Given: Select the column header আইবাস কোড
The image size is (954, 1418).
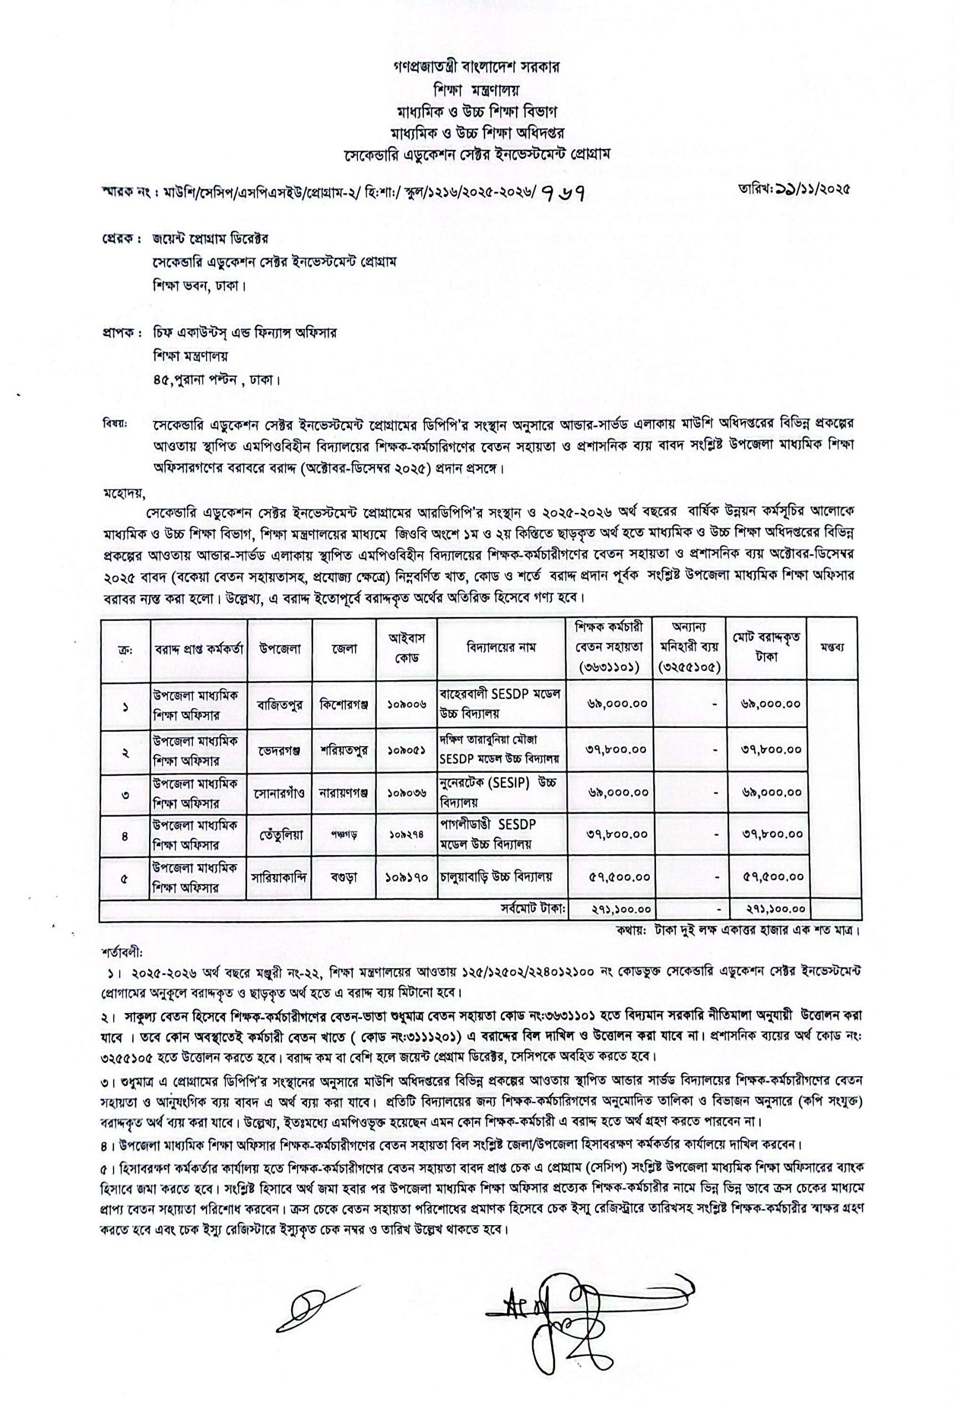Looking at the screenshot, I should click(407, 648).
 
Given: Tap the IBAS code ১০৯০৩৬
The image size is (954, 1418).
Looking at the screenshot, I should click(407, 793).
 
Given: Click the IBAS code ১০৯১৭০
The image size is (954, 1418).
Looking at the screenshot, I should click(407, 877).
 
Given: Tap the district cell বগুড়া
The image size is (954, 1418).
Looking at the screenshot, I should click(343, 877).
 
